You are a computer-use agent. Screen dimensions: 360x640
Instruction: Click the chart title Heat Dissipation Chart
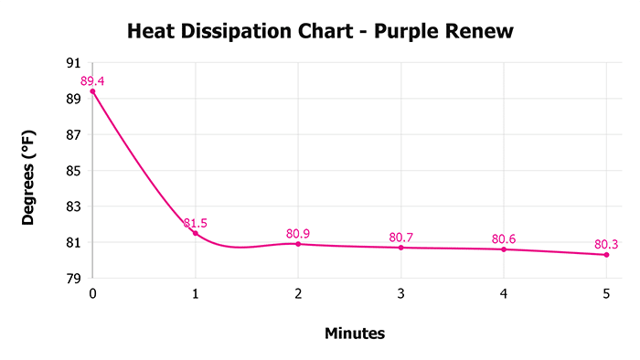pyautogui.click(x=320, y=32)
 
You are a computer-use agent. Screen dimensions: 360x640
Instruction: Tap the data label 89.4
pyautogui.click(x=92, y=81)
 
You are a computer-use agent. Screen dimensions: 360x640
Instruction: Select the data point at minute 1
pyautogui.click(x=195, y=233)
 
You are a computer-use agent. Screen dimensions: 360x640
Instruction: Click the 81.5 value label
pyautogui.click(x=195, y=223)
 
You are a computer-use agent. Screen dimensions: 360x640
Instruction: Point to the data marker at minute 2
pyautogui.click(x=298, y=244)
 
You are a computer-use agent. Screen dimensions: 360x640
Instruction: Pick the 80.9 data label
pyautogui.click(x=298, y=234)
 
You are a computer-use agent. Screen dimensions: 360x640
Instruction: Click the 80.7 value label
pyautogui.click(x=401, y=238)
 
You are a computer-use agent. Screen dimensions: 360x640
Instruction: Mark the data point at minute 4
pyautogui.click(x=504, y=249)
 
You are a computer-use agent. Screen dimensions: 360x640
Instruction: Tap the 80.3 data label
pyautogui.click(x=607, y=244)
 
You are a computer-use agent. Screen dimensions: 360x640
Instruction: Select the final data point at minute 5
pyautogui.click(x=607, y=255)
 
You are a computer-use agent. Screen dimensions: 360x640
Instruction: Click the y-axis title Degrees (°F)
pyautogui.click(x=29, y=171)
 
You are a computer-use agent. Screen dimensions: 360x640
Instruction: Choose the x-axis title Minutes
pyautogui.click(x=355, y=334)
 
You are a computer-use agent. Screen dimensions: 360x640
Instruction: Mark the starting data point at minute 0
pyautogui.click(x=92, y=91)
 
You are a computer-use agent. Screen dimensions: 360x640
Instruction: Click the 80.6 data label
pyautogui.click(x=504, y=239)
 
